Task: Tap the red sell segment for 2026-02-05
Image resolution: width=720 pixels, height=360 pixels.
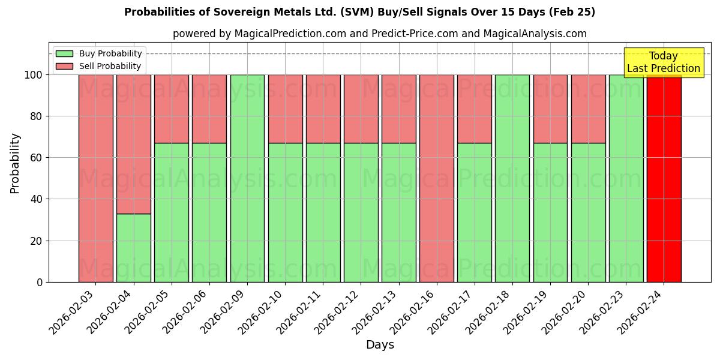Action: coord(172,109)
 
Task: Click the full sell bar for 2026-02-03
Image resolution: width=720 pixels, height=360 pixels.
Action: coord(95,178)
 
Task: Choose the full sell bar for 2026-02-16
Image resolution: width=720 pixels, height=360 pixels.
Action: coord(437,178)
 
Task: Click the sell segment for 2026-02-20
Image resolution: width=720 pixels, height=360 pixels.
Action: coord(588,109)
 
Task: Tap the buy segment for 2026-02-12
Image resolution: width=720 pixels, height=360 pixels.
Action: coord(361,212)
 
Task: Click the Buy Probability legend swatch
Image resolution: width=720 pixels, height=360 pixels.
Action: coord(64,53)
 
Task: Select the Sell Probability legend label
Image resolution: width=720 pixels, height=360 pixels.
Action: coord(110,66)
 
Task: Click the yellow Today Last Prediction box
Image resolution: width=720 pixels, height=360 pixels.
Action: coord(663,62)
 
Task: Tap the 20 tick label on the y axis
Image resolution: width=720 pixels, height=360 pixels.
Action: coord(37,241)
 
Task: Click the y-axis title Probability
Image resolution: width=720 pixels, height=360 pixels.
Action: coord(15,163)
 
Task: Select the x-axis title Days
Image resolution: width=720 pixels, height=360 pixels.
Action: coord(380,345)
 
